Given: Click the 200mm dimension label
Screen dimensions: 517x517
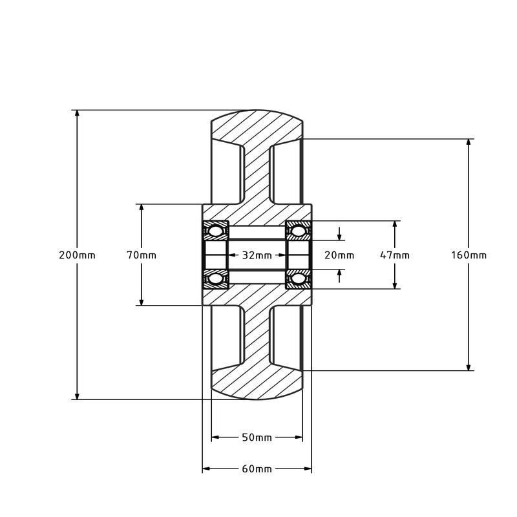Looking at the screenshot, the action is coord(77,255).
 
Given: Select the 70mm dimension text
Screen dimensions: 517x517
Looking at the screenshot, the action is coord(142,255).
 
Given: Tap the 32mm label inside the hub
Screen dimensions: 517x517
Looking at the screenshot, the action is coord(257,255).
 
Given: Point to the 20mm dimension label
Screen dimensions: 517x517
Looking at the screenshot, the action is coord(339,255).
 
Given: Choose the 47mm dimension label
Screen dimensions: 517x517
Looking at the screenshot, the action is coord(395,255).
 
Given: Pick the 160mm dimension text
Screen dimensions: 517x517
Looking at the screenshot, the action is coord(469,255).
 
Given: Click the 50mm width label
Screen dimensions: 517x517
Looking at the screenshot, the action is coord(257,438).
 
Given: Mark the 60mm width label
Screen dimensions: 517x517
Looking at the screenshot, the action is coord(257,469).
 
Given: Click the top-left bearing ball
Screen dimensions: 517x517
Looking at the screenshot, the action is coord(215,231).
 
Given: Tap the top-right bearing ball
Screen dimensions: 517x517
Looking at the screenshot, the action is coord(299,231).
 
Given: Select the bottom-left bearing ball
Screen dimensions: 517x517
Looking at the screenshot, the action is coord(215,279).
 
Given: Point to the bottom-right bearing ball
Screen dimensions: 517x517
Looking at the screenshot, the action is coord(299,279).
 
